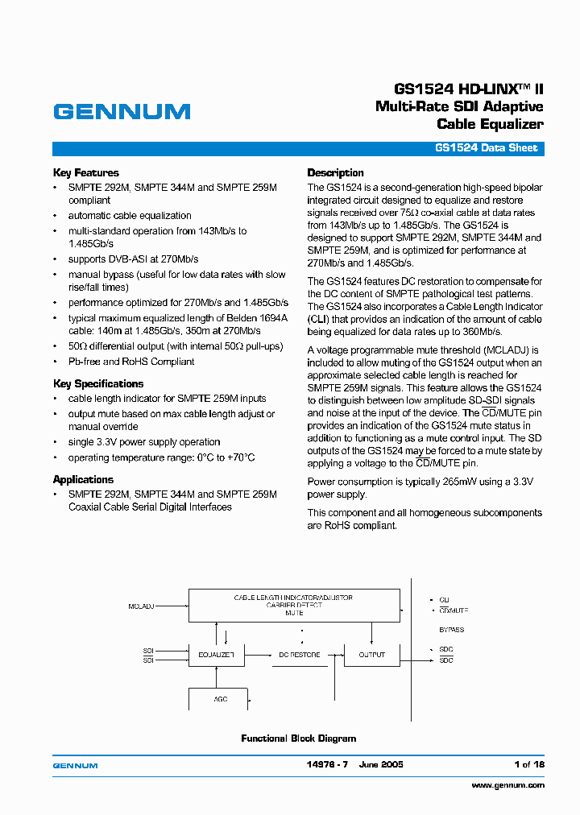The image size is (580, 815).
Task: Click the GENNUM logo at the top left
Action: pyautogui.click(x=122, y=112)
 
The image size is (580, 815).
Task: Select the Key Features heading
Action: pyautogui.click(x=85, y=172)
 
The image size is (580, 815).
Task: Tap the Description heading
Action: pyautogui.click(x=335, y=172)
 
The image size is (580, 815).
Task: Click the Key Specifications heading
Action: pyautogui.click(x=98, y=383)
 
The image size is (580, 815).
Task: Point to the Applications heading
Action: pyautogui.click(x=83, y=479)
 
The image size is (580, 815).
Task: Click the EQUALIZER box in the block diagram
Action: pyautogui.click(x=215, y=655)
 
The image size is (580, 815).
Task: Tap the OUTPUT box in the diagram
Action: pyautogui.click(x=371, y=655)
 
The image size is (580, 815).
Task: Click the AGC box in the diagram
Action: pyautogui.click(x=220, y=699)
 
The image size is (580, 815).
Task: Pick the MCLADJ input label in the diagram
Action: pyautogui.click(x=142, y=605)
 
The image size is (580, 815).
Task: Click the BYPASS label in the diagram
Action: pyautogui.click(x=451, y=630)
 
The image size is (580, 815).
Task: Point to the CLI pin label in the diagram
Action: pyautogui.click(x=444, y=600)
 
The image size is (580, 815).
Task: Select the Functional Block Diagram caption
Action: pyautogui.click(x=298, y=738)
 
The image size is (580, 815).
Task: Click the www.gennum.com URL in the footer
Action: pyautogui.click(x=507, y=784)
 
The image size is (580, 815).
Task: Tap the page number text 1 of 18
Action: pyautogui.click(x=528, y=764)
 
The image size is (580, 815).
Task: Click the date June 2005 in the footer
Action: pyautogui.click(x=381, y=764)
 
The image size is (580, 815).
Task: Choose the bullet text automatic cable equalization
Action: pyautogui.click(x=130, y=216)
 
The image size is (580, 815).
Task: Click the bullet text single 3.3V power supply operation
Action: pyautogui.click(x=144, y=442)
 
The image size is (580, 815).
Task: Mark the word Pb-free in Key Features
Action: pyautogui.click(x=86, y=362)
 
